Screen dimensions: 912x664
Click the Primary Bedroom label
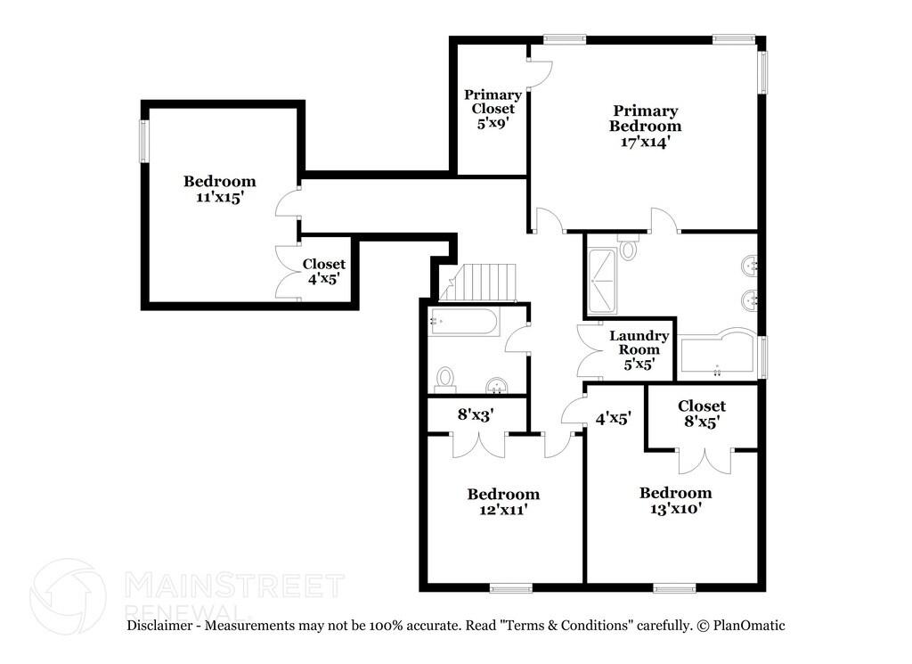tap(646, 119)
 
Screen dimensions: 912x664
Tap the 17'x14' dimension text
tap(646, 142)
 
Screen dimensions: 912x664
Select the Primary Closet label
tap(493, 102)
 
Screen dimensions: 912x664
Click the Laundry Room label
tap(639, 342)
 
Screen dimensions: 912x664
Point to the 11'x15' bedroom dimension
tap(219, 197)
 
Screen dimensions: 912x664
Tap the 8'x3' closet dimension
tap(476, 414)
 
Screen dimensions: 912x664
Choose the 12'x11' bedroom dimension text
tap(503, 510)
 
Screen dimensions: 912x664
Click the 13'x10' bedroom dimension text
tap(675, 508)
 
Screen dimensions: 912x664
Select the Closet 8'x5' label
tap(702, 414)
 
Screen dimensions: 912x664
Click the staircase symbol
tap(478, 283)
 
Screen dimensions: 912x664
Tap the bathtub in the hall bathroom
tap(463, 322)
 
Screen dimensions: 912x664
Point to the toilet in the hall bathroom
tap(445, 380)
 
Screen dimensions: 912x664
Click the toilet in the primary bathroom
tap(628, 247)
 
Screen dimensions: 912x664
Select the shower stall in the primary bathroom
tap(602, 282)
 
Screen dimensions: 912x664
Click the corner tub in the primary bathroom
tap(719, 355)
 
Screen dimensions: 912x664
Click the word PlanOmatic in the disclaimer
tap(749, 626)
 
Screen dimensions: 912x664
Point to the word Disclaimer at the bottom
tap(159, 626)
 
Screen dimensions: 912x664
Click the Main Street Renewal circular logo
tap(68, 596)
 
